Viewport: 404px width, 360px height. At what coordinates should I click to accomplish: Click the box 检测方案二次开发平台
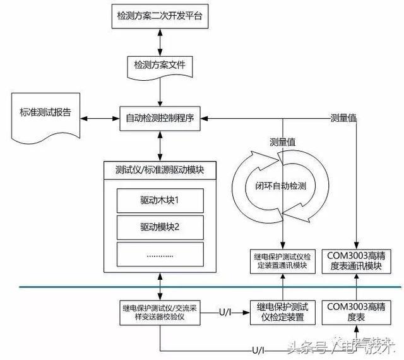(x=160, y=13)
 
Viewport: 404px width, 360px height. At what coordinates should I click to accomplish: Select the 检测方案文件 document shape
(x=160, y=65)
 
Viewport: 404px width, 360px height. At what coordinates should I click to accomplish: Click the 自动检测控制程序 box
(x=160, y=117)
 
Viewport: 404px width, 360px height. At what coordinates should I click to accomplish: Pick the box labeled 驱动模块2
(x=159, y=225)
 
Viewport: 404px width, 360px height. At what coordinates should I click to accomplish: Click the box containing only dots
(x=159, y=254)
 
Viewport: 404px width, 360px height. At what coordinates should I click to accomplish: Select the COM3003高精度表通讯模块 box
(x=357, y=261)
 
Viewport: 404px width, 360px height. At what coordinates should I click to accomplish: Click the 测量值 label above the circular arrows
(x=282, y=142)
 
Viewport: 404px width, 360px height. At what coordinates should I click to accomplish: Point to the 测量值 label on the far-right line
(x=345, y=117)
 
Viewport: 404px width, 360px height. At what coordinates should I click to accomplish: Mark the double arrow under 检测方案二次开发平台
(x=160, y=39)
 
